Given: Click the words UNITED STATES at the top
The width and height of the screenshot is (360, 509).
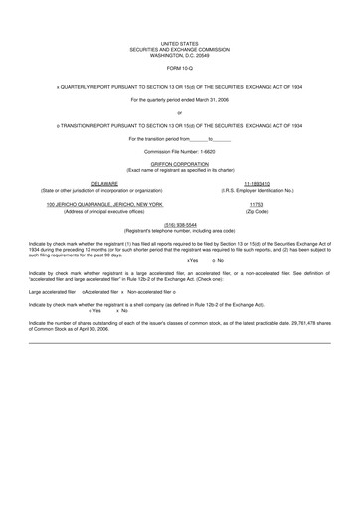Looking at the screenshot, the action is [180, 44].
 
